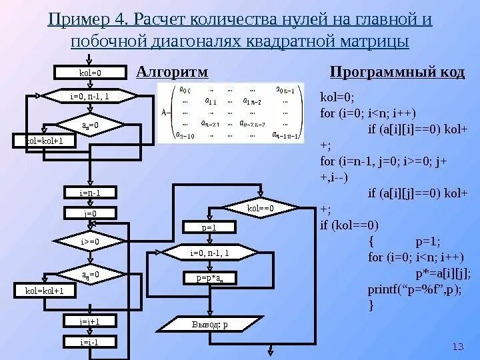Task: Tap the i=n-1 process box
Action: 89,193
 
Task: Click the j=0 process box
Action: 89,213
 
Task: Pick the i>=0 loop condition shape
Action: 89,241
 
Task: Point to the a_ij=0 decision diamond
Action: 89,274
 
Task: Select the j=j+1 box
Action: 89,321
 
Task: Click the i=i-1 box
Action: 89,342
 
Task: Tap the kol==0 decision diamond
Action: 261,208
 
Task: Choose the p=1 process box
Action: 209,227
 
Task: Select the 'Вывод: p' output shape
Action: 209,325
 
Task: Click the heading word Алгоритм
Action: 172,71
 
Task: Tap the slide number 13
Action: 457,347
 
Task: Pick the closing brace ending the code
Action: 371,305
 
